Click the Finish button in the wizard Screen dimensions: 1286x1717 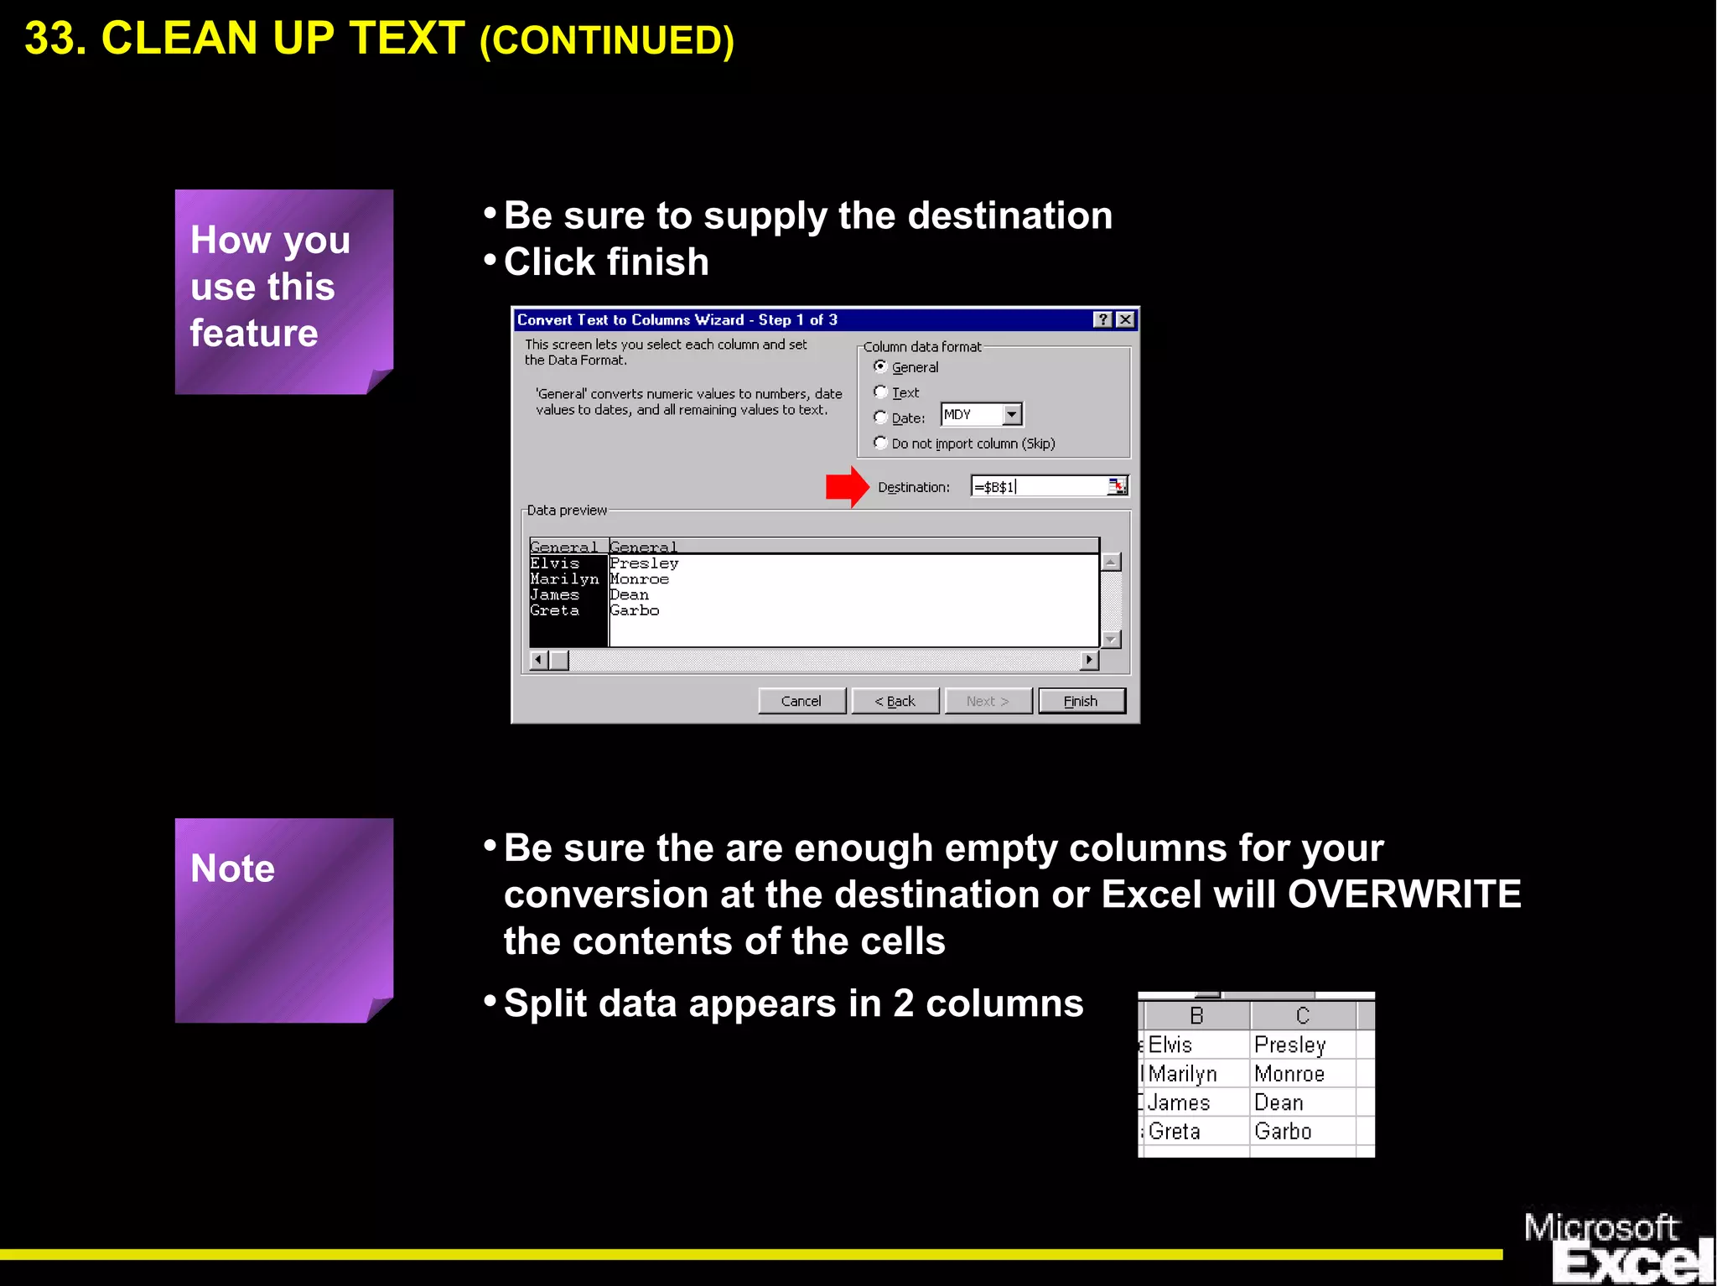(x=1081, y=701)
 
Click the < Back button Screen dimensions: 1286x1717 (x=895, y=701)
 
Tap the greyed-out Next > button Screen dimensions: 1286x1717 (x=988, y=701)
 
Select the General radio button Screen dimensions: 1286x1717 (x=880, y=366)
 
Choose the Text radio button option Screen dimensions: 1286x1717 (x=880, y=392)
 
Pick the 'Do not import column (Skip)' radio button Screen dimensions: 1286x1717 (x=880, y=443)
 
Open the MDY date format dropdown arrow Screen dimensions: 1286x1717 (x=1012, y=414)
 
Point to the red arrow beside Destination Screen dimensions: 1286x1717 (x=847, y=486)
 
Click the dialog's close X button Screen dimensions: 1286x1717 (x=1125, y=319)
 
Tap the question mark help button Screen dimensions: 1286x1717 (x=1103, y=319)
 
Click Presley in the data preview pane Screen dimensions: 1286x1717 (x=644, y=563)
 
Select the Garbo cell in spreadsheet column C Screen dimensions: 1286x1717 (x=1283, y=1132)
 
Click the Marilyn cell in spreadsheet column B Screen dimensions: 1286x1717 (x=1182, y=1074)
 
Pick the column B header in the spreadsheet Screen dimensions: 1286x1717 (x=1196, y=1016)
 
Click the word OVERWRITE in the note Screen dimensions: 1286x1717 (x=1404, y=894)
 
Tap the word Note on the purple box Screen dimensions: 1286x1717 (x=232, y=869)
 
